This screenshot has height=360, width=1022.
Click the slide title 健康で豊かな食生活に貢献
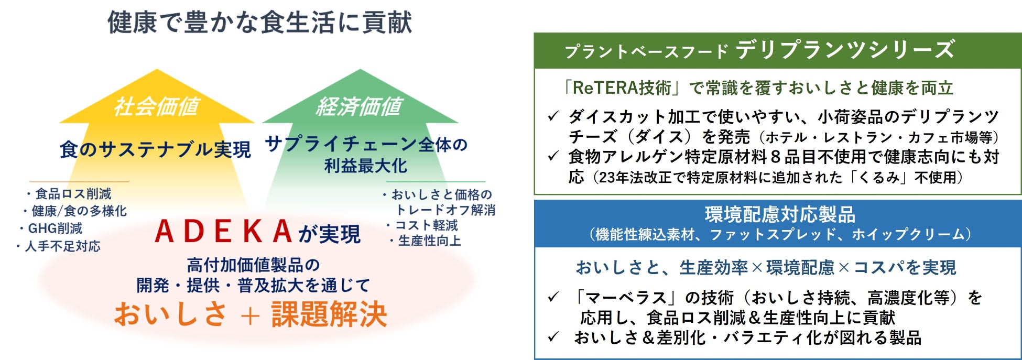259,22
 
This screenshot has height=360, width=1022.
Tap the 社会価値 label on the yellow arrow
156,106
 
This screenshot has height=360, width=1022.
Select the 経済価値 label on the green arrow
359,106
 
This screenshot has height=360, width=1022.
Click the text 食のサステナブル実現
155,150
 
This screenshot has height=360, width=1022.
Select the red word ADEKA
223,232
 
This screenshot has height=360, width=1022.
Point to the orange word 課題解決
329,314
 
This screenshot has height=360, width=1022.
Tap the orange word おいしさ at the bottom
170,314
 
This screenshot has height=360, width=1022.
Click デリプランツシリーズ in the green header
844,50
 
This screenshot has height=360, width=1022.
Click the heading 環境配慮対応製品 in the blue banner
779,214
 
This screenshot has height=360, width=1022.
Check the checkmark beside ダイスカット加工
553,116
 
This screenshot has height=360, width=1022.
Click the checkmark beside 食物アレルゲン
553,156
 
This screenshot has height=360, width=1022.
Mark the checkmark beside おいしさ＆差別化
553,337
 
